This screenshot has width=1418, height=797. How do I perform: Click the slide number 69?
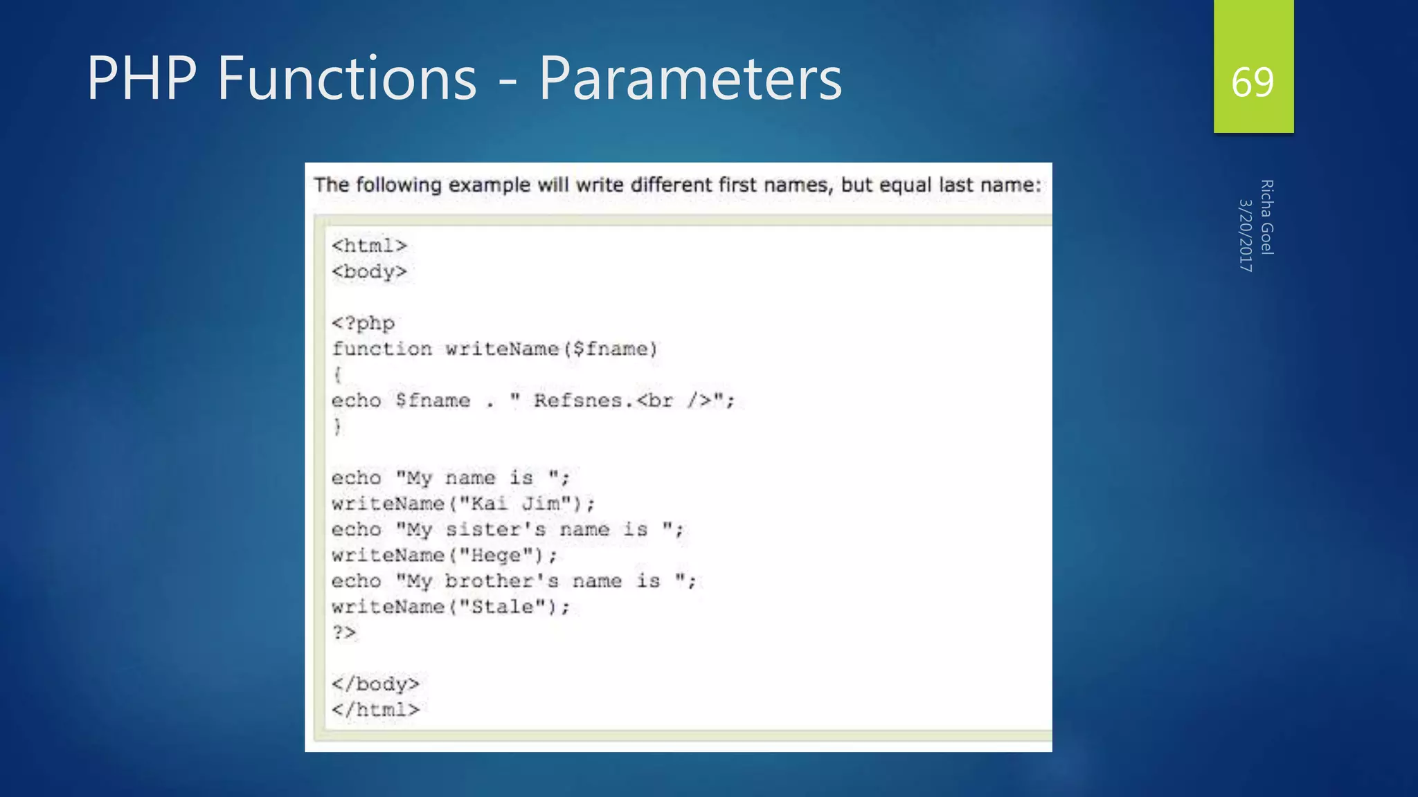click(x=1253, y=82)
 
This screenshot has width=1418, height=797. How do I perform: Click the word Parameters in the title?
click(x=690, y=78)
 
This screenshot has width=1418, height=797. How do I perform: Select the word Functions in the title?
click(x=347, y=78)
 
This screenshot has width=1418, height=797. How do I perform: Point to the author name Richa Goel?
click(x=1266, y=217)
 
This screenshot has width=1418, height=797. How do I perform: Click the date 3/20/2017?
click(x=1246, y=235)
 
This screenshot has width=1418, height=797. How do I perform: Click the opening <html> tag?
click(x=369, y=246)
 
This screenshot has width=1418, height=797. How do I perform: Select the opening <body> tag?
click(x=369, y=272)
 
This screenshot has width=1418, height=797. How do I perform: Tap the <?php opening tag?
click(x=363, y=323)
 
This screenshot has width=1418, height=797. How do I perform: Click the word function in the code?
click(x=382, y=349)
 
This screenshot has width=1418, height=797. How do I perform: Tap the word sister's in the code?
click(x=496, y=530)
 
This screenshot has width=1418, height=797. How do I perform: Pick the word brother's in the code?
click(x=501, y=581)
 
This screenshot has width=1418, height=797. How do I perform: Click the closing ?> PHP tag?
click(x=344, y=632)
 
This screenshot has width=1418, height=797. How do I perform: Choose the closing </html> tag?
click(x=375, y=710)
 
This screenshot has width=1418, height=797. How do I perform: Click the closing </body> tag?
click(x=375, y=684)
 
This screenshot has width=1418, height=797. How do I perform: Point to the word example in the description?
click(x=488, y=185)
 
